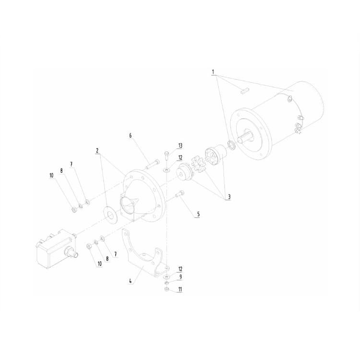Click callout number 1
[x=213, y=72]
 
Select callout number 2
[x=97, y=150]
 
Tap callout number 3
[x=229, y=196]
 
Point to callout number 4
[x=130, y=281]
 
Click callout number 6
[x=130, y=135]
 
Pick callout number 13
[x=180, y=145]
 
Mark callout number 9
[x=180, y=276]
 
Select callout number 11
[x=180, y=289]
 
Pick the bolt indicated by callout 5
[x=180, y=194]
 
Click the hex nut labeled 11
[x=166, y=289]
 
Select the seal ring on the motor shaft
[x=231, y=144]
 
